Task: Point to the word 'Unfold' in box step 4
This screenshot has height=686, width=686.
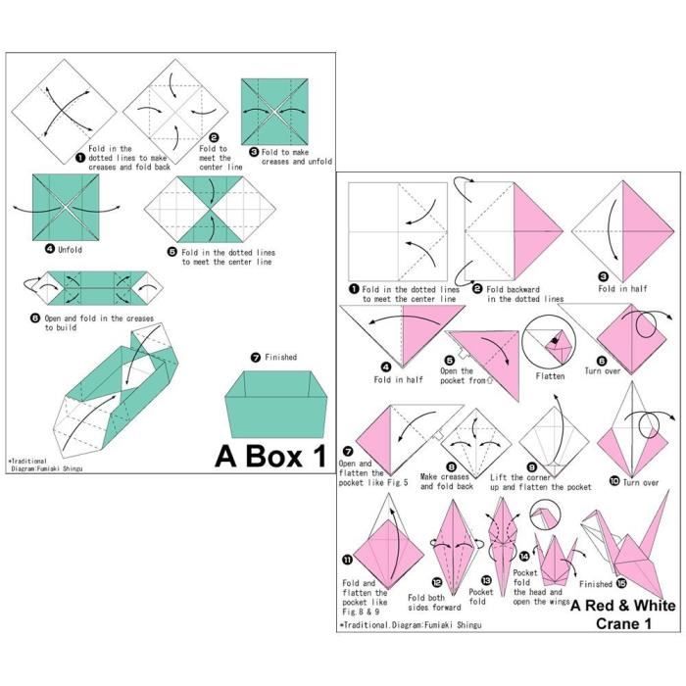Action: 70,250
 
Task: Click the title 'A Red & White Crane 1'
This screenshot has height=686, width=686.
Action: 622,614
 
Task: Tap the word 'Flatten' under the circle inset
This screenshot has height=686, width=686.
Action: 551,376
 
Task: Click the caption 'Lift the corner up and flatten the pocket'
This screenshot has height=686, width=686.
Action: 554,481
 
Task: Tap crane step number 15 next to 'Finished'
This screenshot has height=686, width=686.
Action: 621,584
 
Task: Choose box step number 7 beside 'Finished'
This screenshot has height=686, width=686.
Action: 256,358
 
